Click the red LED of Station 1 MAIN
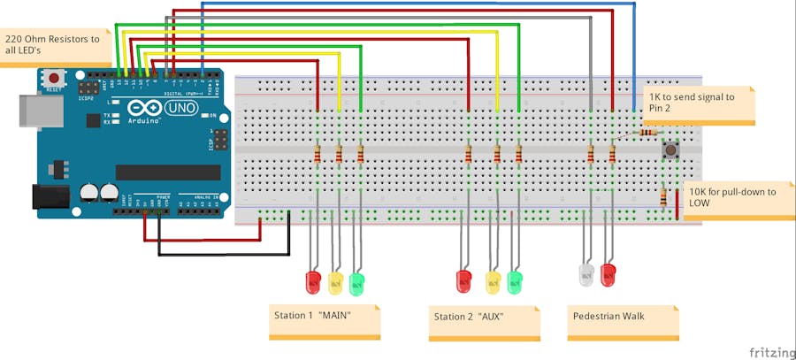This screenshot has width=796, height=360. click(x=313, y=282)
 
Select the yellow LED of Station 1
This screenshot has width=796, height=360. click(x=335, y=282)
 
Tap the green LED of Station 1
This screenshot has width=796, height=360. click(x=356, y=283)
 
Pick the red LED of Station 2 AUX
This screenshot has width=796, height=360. click(x=463, y=281)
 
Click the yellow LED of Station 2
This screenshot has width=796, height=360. click(x=494, y=282)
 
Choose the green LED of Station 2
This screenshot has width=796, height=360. click(x=515, y=282)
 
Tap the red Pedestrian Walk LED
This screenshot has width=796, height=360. click(x=608, y=274)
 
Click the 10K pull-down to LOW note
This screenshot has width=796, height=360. click(x=731, y=198)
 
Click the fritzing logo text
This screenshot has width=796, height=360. click(x=765, y=351)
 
